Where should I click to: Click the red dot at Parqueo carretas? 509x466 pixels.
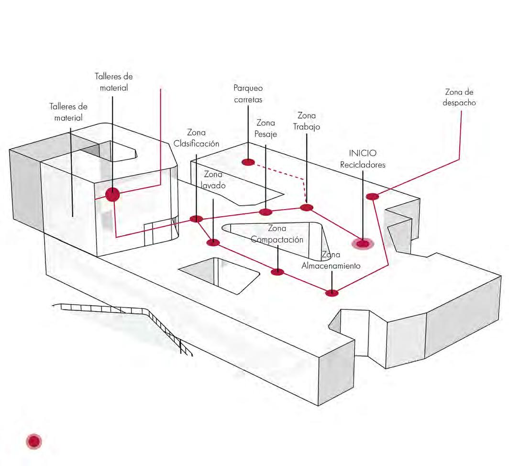(248, 162)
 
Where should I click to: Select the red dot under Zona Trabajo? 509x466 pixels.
(306, 207)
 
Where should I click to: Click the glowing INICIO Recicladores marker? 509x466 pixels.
(363, 244)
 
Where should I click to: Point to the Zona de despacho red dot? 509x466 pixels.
(372, 196)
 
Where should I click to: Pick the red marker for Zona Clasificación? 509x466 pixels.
(196, 219)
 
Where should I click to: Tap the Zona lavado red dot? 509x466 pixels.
(213, 243)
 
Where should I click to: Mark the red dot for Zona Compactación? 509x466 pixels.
(277, 272)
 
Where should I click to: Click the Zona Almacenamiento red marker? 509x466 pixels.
(332, 293)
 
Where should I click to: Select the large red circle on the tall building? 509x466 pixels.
(112, 195)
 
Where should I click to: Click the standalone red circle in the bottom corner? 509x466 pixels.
(34, 442)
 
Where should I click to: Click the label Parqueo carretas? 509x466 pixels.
(248, 94)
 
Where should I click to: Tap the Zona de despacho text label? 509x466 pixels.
(459, 97)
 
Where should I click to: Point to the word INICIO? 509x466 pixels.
(362, 154)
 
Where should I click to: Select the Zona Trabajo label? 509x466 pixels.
(306, 121)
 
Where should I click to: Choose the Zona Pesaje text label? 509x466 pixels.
(266, 129)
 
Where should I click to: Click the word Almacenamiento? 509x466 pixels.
(331, 266)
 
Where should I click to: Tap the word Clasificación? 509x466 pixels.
(197, 144)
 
